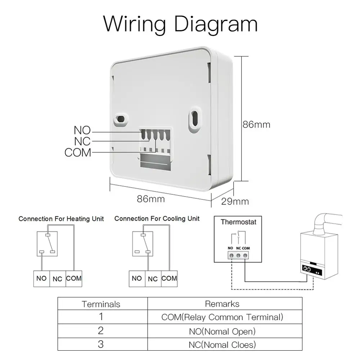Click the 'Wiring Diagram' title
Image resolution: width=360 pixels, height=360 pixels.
tap(180, 24)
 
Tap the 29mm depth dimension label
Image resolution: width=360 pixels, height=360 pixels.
tap(235, 201)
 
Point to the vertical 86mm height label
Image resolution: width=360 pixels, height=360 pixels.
tap(256, 125)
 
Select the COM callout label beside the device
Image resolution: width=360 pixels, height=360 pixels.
tap(78, 152)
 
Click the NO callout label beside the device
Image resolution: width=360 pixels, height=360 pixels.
tap(82, 130)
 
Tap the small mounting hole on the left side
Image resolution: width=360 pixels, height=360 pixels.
tap(120, 119)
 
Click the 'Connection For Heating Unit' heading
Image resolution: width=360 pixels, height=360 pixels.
tap(61, 219)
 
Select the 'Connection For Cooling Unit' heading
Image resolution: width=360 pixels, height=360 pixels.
tap(157, 219)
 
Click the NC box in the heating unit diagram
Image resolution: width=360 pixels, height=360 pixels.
tap(58, 279)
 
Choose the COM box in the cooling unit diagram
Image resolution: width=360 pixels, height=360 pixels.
tap(169, 279)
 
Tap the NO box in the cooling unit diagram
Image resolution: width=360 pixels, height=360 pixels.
tap(137, 279)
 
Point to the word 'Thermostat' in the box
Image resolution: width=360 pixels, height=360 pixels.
tap(239, 222)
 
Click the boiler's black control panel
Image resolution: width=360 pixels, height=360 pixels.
tap(312, 270)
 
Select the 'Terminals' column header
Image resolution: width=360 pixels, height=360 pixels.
tap(101, 304)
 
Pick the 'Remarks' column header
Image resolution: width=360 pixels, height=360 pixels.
tap(222, 304)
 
